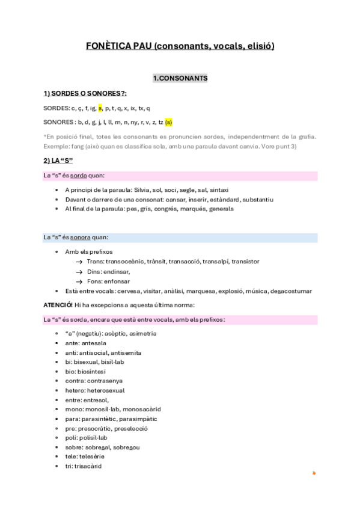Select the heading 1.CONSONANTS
[180, 78]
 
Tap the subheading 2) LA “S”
[58, 161]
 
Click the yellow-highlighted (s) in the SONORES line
[168, 123]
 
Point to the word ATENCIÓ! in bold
[58, 305]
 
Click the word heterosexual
[112, 390]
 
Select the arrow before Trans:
[79, 262]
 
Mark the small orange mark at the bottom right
[314, 473]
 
